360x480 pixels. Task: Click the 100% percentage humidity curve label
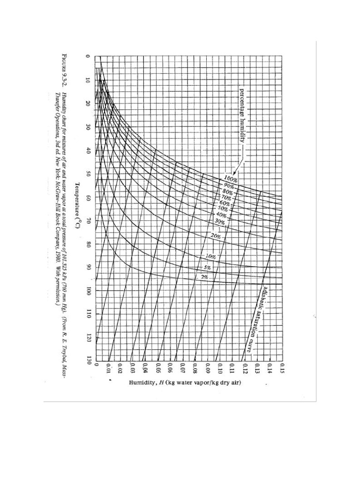point(230,179)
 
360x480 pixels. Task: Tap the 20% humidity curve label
point(215,236)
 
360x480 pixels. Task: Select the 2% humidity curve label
point(205,277)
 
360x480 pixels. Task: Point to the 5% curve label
point(208,267)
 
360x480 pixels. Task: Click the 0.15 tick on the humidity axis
point(282,367)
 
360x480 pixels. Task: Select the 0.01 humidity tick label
point(108,367)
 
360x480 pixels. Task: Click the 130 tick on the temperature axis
point(88,360)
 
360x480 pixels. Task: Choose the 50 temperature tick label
point(88,174)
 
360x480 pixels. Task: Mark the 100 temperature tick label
point(88,291)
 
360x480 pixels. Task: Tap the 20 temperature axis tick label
point(88,104)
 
